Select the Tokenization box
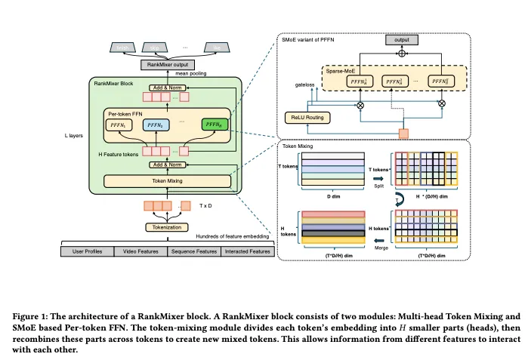pyautogui.click(x=165, y=227)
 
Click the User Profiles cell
pyautogui.click(x=87, y=251)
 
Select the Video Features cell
pyautogui.click(x=140, y=251)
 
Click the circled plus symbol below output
pyautogui.click(x=400, y=54)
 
